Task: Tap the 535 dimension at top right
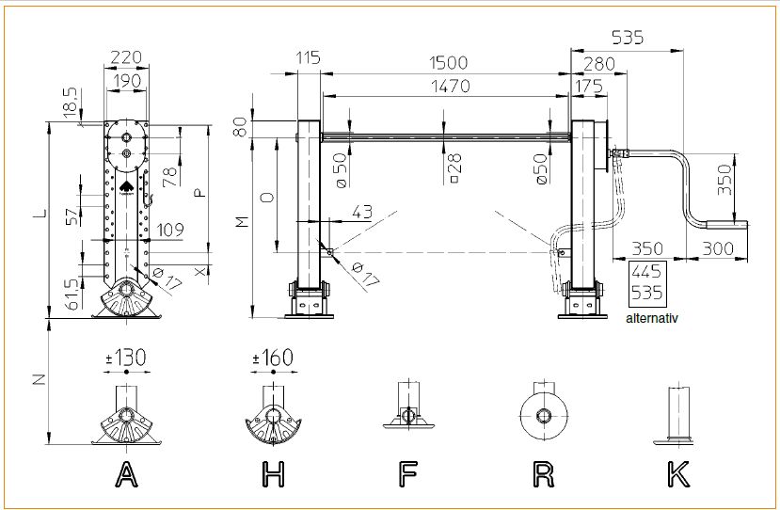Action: tap(628, 38)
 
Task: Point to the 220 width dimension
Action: tap(126, 57)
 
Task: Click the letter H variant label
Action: tap(273, 475)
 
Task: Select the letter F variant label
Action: tap(407, 475)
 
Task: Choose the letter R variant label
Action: tap(543, 475)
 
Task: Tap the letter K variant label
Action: tap(677, 475)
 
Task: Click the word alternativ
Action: tap(651, 318)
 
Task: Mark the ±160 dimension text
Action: tap(272, 359)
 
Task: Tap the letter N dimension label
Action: tap(39, 380)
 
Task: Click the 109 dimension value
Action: tap(171, 229)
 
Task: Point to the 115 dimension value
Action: tap(308, 57)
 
